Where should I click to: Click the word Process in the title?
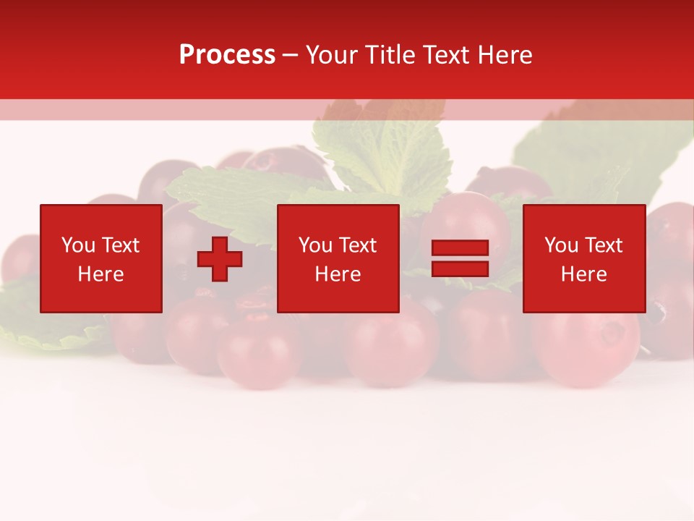pos(227,55)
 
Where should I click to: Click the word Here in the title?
pos(507,55)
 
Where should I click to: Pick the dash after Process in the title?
pos(291,56)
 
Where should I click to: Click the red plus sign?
pos(220,259)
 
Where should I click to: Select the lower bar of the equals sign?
pos(460,269)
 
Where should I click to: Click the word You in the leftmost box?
pos(78,245)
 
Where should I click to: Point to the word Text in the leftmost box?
pos(119,245)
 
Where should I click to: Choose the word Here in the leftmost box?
pos(100,274)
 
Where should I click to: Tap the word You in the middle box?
pos(315,245)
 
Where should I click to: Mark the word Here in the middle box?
pos(338,274)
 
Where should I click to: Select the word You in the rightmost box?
pos(561,245)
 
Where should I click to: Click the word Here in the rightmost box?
pos(583,274)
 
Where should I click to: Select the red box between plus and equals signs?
pos(338,297)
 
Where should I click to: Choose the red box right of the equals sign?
pos(583,297)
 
